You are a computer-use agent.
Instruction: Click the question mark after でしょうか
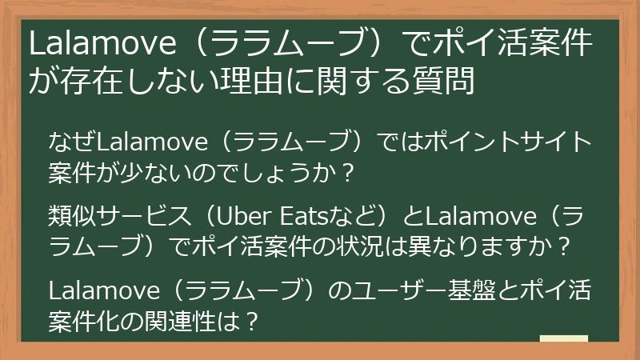tap(346, 172)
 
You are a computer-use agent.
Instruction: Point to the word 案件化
tap(87, 318)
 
